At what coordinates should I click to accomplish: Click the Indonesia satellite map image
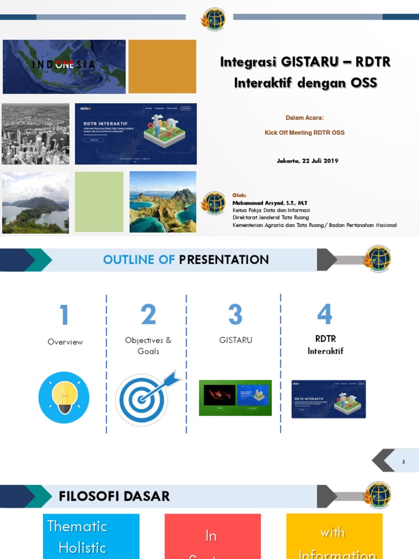(x=64, y=67)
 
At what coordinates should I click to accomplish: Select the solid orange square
(x=162, y=67)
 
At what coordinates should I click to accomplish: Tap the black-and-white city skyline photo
(x=35, y=134)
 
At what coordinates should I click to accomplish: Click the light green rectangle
(x=99, y=202)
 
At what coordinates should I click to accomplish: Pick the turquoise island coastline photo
(x=163, y=202)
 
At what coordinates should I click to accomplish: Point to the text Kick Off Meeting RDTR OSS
(x=304, y=133)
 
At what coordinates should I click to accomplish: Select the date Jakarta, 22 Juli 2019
(x=308, y=160)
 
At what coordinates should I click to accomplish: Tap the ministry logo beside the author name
(x=213, y=203)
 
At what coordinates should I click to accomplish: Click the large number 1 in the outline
(x=64, y=316)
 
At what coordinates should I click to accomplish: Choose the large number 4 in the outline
(x=325, y=314)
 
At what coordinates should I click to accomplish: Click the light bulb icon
(x=64, y=397)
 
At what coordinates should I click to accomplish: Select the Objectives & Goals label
(x=148, y=346)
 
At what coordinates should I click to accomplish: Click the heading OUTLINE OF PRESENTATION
(x=185, y=260)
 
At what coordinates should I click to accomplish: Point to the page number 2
(x=404, y=462)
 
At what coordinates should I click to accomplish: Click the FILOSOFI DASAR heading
(x=114, y=496)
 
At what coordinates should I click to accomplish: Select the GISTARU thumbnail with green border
(x=235, y=398)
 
